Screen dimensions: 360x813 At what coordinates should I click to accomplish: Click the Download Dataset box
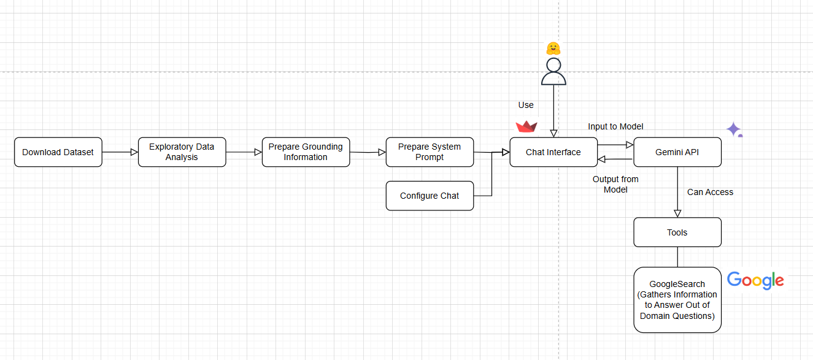coord(58,152)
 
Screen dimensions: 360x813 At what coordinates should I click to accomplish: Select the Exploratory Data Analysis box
coord(182,152)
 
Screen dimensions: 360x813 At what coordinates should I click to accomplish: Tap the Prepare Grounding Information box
coord(306,152)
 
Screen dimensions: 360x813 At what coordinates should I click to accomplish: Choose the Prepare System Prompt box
coord(430,152)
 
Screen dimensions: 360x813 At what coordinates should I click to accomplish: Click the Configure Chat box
coord(430,196)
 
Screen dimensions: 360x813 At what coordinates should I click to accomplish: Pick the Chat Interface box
coord(553,152)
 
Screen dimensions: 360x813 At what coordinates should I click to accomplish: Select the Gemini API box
coord(677,152)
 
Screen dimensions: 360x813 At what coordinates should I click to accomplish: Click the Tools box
coord(677,232)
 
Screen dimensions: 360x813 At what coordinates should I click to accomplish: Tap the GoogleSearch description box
coord(677,300)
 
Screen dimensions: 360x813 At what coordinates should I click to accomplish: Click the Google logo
coord(755,280)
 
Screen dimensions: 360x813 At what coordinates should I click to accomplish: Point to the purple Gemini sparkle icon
coord(733,129)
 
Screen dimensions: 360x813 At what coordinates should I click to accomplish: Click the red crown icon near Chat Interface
coord(526,126)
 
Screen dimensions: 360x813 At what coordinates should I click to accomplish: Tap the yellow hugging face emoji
coord(553,48)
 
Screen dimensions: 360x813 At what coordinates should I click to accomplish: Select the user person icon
coord(553,71)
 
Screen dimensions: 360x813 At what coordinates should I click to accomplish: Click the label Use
coord(526,105)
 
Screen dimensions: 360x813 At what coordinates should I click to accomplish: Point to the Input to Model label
coord(615,126)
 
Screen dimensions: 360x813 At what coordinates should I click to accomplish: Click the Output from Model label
coord(615,184)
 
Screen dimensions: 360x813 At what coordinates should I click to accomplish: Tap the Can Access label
coord(710,192)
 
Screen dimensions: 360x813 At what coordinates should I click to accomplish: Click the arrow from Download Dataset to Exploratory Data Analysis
coord(120,152)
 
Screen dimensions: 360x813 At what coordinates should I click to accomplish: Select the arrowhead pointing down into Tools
coord(677,213)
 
